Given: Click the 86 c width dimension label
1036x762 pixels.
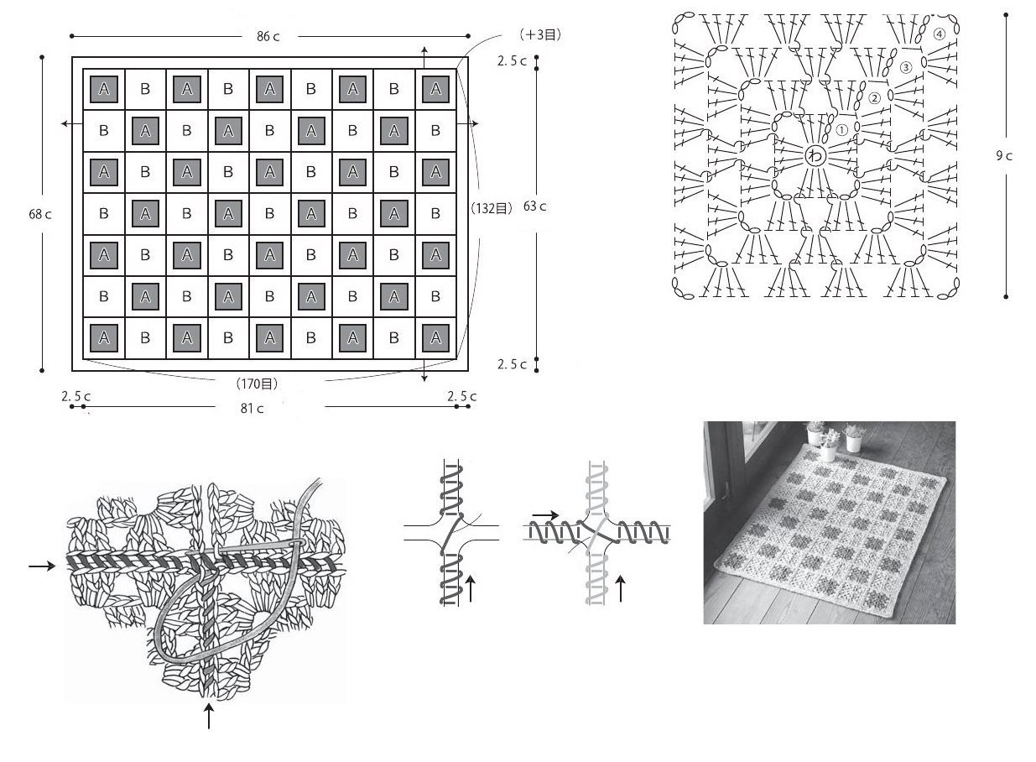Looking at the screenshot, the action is [268, 36].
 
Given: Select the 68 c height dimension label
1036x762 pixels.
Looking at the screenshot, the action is [40, 214].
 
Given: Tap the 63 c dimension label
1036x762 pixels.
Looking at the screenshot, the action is [534, 206].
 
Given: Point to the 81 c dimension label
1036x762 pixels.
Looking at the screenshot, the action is [252, 408].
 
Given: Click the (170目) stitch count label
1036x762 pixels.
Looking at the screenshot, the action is [258, 384].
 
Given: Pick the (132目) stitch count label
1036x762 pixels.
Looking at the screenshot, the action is [492, 209].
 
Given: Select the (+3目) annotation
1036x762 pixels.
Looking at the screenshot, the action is [540, 34].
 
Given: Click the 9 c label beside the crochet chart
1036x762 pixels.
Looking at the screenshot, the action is [1004, 156].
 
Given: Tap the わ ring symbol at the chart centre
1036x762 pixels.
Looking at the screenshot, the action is [815, 155].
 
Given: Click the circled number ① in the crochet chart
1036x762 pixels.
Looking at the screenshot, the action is [841, 130].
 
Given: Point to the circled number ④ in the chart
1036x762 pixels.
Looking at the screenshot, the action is [939, 34].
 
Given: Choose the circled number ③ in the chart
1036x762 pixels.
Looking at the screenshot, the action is [905, 67].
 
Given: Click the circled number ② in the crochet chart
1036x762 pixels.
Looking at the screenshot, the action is [874, 98].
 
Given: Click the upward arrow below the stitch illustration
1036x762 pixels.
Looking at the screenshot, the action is [209, 716].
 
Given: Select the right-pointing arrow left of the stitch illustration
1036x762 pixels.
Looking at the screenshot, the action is [42, 566].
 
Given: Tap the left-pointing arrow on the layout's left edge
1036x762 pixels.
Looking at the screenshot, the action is [72, 123].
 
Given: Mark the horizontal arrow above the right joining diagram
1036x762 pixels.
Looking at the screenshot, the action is [545, 515].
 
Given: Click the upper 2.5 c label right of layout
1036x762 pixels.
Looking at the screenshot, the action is [512, 61].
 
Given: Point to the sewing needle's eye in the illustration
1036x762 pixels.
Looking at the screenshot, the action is [298, 542].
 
